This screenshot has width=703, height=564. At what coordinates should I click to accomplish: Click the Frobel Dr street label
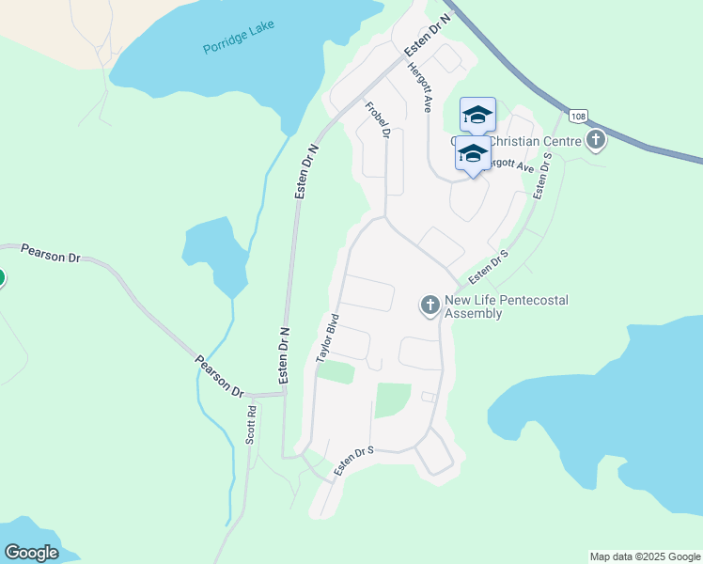(x=377, y=119)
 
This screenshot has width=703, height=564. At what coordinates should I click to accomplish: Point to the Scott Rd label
(x=251, y=425)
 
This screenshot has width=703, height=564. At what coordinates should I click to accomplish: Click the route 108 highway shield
(x=578, y=116)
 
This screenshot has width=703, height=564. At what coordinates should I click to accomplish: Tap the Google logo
(x=31, y=552)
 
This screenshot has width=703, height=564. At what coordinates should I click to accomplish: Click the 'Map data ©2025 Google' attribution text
(x=644, y=556)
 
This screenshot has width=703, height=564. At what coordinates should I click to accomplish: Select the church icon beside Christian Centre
(x=595, y=141)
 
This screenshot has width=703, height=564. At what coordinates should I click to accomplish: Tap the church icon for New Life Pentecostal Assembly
(x=430, y=305)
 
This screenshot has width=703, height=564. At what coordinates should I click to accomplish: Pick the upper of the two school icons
(x=477, y=115)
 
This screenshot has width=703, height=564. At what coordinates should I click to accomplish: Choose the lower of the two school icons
(x=473, y=153)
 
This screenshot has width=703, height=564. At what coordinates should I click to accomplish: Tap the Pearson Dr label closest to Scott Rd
(x=219, y=375)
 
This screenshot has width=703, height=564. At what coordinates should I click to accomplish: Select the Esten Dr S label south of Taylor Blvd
(x=354, y=462)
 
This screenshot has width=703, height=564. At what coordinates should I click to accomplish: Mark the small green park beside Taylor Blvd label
(x=336, y=372)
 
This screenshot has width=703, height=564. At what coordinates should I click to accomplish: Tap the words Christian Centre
(x=522, y=141)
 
